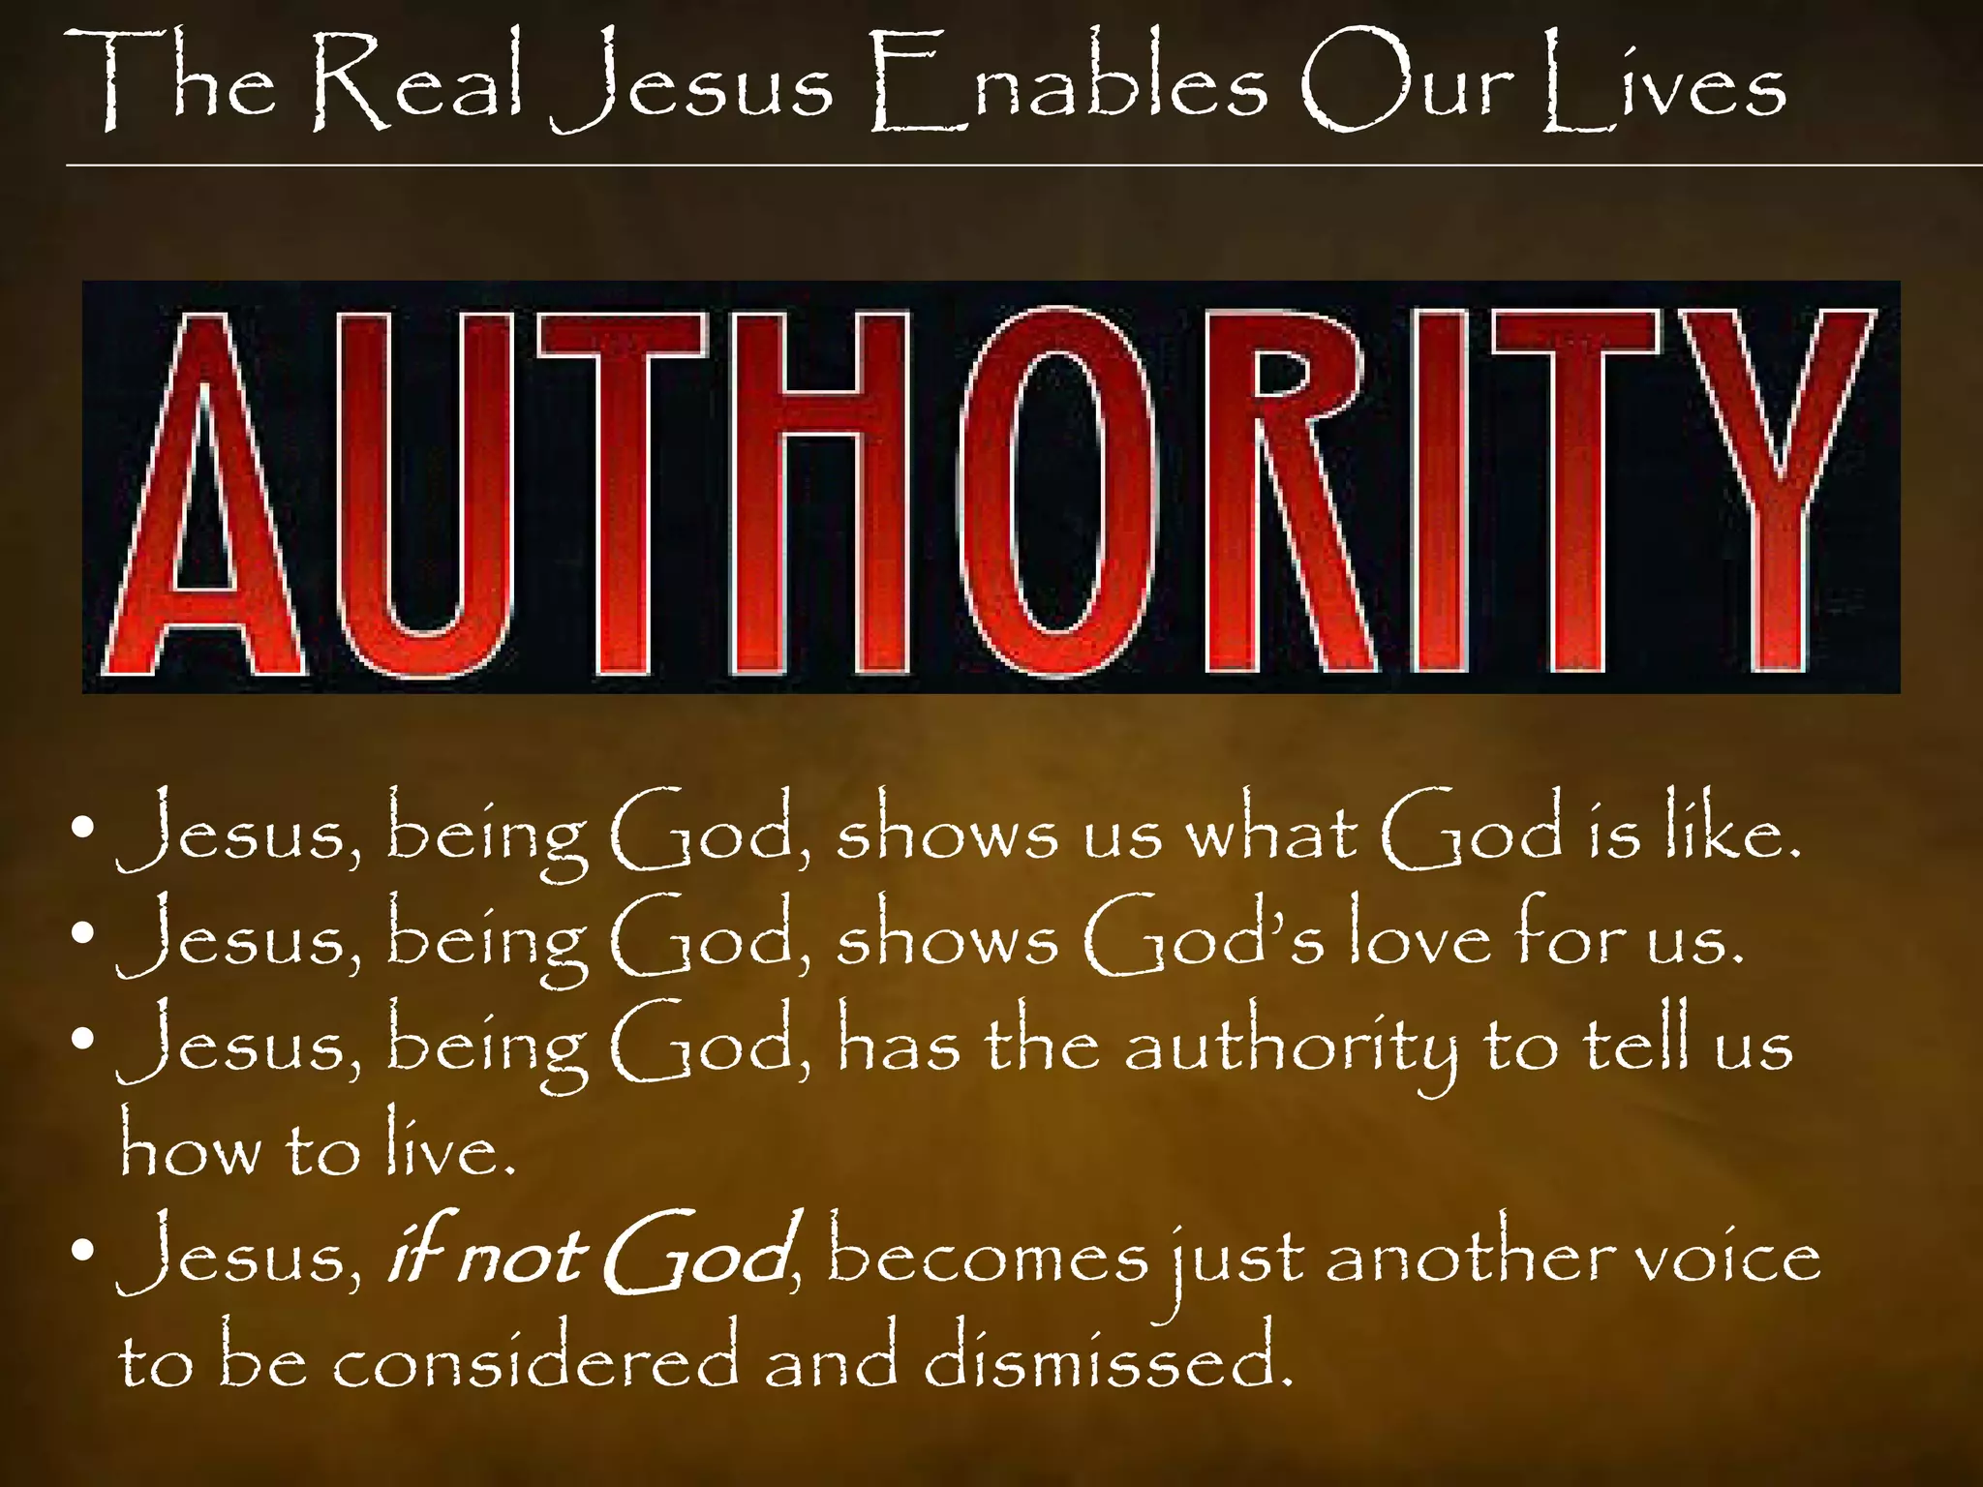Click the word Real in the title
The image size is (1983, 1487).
click(416, 84)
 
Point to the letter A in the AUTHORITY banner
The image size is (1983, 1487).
click(203, 494)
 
